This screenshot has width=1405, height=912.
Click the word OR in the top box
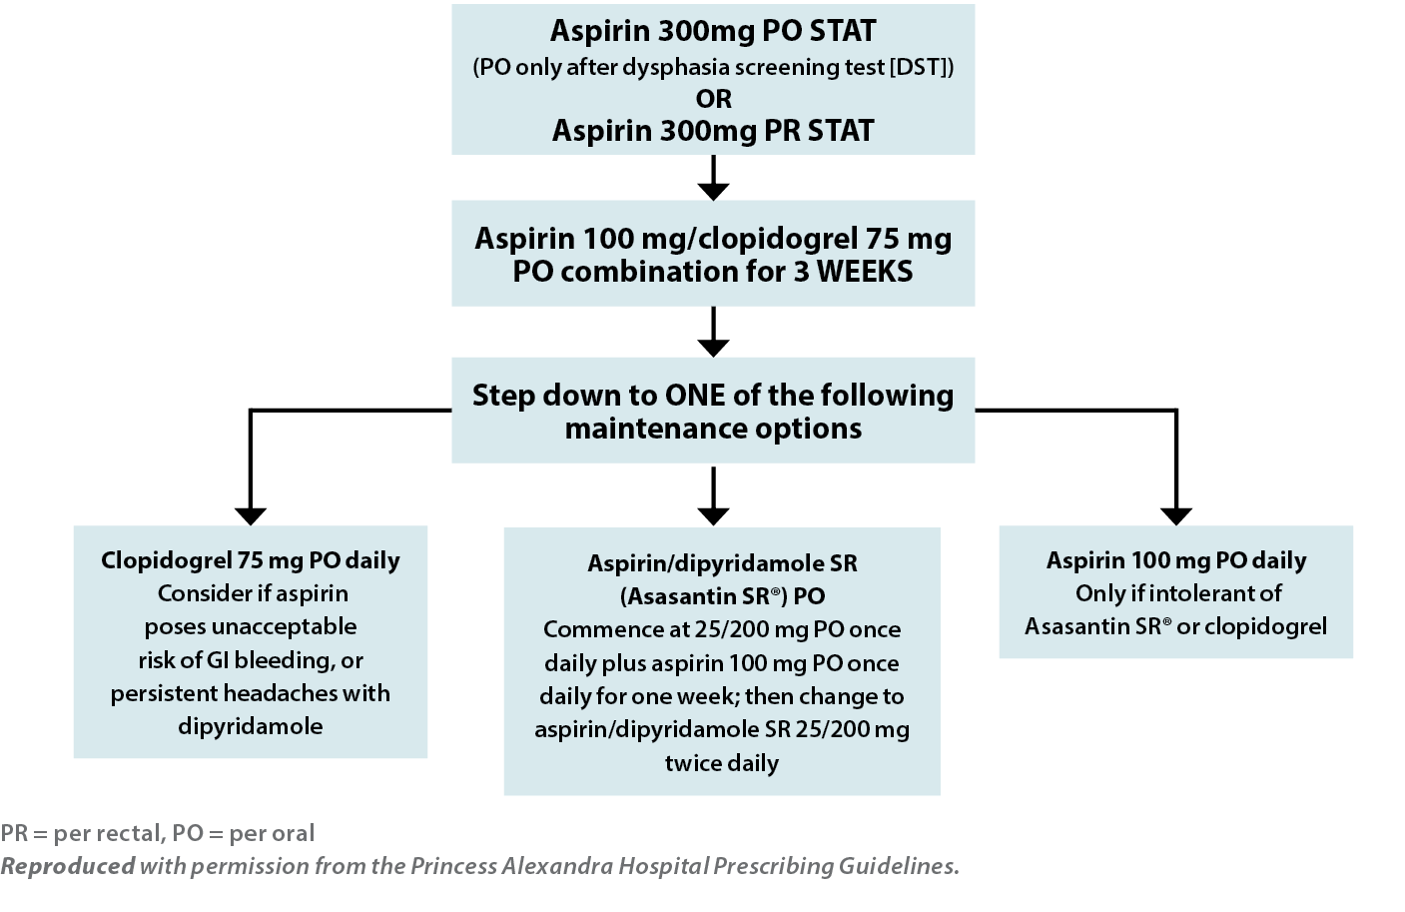tap(713, 99)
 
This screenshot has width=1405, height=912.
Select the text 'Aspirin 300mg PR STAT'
tap(713, 131)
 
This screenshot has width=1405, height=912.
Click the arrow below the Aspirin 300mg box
tap(713, 178)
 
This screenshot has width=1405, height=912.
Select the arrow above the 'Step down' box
tap(713, 332)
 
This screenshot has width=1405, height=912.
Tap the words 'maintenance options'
tap(713, 429)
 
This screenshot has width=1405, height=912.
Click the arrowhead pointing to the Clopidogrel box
tap(251, 516)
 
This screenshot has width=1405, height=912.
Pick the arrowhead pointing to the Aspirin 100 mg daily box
tap(1176, 516)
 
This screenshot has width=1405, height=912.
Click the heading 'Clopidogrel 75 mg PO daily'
tap(251, 560)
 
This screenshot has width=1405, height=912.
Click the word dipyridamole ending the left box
tap(251, 726)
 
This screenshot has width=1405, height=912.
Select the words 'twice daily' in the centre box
tap(722, 763)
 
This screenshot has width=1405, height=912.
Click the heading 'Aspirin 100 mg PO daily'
tap(1176, 560)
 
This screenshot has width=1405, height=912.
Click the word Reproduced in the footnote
tap(68, 866)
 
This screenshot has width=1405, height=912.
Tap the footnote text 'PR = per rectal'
tap(82, 834)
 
